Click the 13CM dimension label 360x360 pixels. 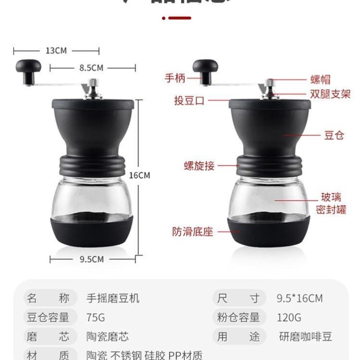pos(56,50)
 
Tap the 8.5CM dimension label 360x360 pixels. pos(91,68)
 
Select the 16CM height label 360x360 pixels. pos(140,175)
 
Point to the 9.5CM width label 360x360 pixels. pos(91,259)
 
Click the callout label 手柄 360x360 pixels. pos(175,78)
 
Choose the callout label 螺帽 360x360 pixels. pos(320,80)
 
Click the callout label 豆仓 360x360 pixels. pos(334,135)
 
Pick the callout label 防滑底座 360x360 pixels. pos(193,232)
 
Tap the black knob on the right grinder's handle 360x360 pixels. pos(206,68)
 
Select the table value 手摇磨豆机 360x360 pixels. pos(113,298)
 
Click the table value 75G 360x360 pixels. pos(95,317)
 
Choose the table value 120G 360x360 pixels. pos(289,317)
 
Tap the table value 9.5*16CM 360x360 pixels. pos(299,298)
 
